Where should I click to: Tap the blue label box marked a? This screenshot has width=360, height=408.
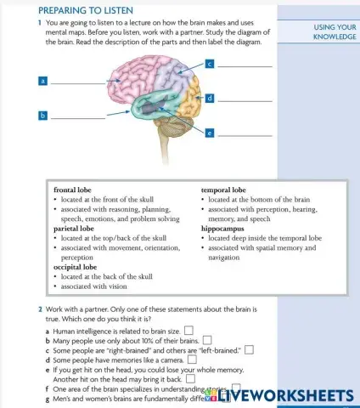[42, 82]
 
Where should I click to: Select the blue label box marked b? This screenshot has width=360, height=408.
[42, 114]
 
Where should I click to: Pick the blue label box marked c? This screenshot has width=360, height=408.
[208, 64]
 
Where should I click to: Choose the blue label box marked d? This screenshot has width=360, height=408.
[209, 99]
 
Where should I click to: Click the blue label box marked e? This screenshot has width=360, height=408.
[209, 133]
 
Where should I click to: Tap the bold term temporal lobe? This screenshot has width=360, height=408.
[223, 190]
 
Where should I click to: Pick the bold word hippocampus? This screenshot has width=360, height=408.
[224, 228]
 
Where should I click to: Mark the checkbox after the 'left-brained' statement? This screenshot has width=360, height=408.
[250, 348]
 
